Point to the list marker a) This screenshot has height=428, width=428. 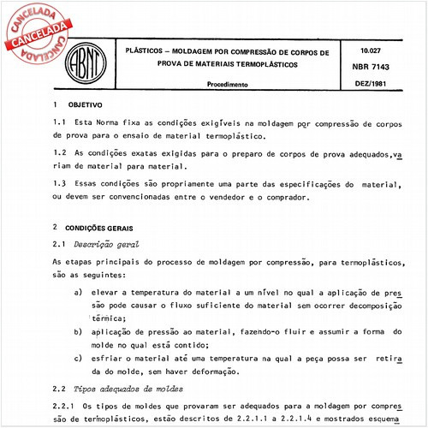pyautogui.click(x=80, y=292)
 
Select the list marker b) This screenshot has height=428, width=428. pyautogui.click(x=80, y=331)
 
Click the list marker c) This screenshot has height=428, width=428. pyautogui.click(x=80, y=358)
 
